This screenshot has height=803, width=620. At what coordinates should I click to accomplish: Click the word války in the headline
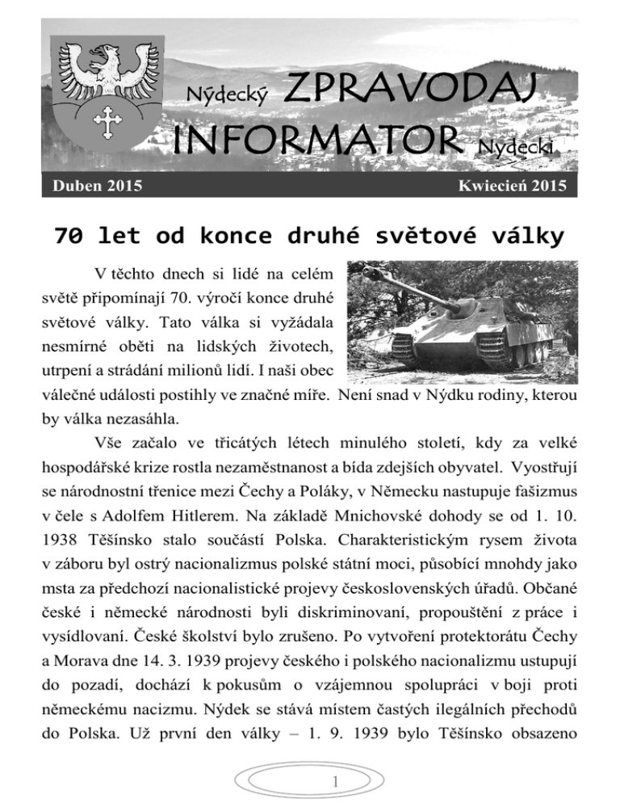[526, 236]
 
